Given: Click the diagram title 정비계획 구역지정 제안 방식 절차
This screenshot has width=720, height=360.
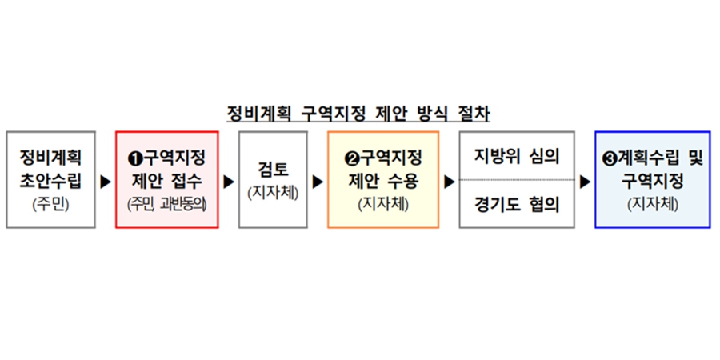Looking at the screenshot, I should pos(358,113).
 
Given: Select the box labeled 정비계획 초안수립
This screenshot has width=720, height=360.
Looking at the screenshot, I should pos(51,179).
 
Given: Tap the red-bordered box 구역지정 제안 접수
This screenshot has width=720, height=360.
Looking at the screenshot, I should pos(166,179).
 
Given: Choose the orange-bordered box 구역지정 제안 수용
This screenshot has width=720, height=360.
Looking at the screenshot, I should pos(383,179).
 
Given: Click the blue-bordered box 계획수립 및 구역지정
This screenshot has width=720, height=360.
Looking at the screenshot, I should pos(652,179).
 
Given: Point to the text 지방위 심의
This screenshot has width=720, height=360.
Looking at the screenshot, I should pos(516,155).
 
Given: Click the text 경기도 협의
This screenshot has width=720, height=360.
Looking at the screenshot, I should pos(516,205).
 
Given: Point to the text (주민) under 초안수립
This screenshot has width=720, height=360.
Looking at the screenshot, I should pos(51,204).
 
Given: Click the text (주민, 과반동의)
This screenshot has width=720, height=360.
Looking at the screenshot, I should pos(166,204).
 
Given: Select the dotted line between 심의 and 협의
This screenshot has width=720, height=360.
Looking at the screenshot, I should pos(516,180).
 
